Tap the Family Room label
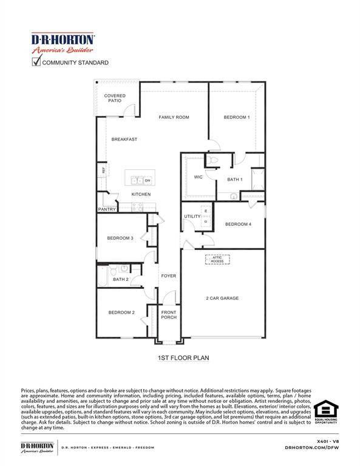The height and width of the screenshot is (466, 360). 174,117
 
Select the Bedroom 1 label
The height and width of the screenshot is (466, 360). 236,117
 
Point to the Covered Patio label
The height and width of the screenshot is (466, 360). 115,98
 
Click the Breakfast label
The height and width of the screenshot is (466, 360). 124,140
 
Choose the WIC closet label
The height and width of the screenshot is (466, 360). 198,177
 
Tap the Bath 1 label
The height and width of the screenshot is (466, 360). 235,180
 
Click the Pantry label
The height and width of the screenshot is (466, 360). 107,209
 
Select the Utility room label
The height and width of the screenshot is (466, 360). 192,216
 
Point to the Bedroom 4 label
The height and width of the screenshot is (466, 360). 238,225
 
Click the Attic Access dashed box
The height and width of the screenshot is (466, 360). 217,259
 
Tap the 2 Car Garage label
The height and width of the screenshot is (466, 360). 222,299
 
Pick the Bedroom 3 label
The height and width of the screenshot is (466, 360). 120,238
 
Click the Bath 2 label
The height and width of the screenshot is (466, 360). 120,280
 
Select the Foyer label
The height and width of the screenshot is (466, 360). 168,276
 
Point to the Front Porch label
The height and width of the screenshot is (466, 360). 168,315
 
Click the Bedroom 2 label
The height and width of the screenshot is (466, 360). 121,313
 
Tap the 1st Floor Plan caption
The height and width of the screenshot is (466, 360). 183,358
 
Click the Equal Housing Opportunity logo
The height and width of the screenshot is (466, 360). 326,412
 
